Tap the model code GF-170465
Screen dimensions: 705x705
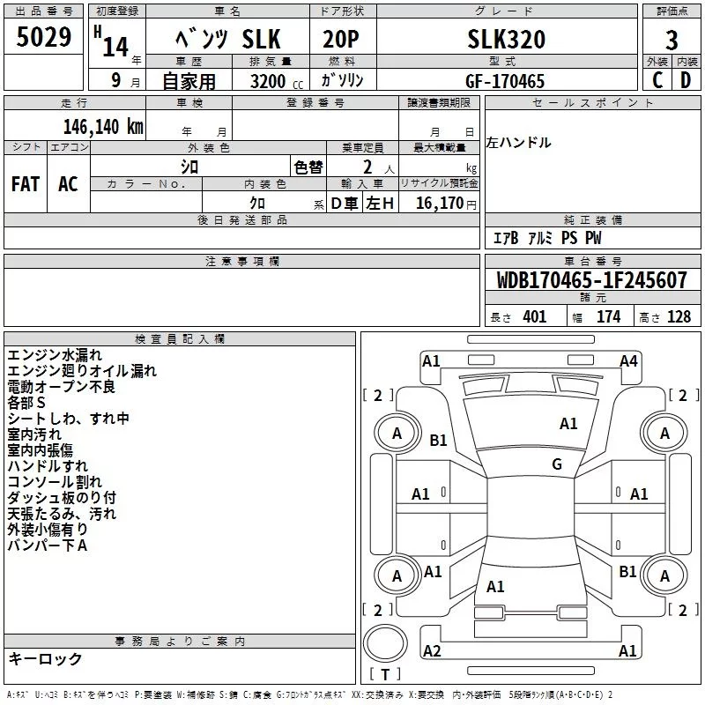point(505,81)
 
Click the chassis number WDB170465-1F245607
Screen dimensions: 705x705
point(591,280)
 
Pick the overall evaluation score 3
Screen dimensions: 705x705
point(672,41)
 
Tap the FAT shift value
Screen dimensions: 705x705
point(26,183)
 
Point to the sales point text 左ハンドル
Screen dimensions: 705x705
point(518,142)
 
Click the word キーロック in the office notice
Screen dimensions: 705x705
point(45,658)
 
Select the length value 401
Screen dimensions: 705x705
point(534,316)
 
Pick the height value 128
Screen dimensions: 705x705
point(678,316)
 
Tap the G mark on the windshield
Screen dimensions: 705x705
point(556,464)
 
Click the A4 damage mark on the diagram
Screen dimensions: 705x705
point(627,360)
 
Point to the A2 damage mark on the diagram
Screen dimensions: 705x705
point(432,650)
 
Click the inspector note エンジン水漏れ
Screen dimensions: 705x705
point(54,355)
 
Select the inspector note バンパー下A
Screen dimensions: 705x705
point(48,545)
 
